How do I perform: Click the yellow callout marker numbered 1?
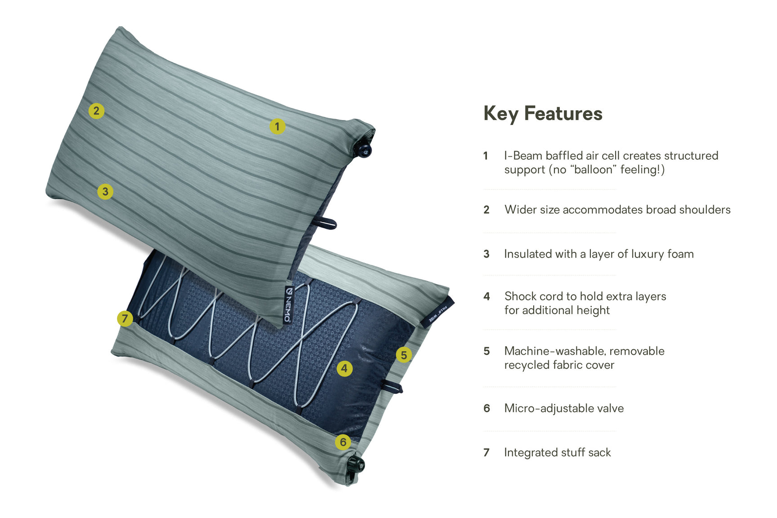[x=277, y=126]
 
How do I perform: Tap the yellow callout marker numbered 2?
[x=96, y=111]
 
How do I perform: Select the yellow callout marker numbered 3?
[x=105, y=192]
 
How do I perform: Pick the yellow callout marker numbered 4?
[x=344, y=369]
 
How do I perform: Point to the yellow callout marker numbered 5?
[x=404, y=355]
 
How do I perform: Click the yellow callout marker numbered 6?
[x=343, y=442]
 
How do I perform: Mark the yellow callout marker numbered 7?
[x=125, y=319]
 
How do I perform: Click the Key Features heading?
[x=543, y=113]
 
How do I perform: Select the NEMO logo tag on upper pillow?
[x=289, y=304]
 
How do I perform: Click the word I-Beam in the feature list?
[x=523, y=156]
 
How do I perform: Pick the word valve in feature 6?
[x=610, y=408]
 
